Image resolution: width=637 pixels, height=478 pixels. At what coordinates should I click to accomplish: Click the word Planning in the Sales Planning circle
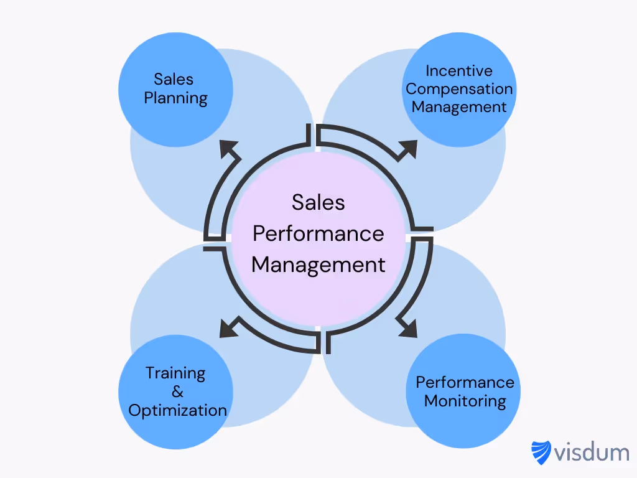pos(175,98)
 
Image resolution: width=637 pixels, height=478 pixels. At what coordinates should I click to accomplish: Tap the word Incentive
pos(459,71)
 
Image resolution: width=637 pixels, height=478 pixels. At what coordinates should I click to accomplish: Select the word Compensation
pos(459,89)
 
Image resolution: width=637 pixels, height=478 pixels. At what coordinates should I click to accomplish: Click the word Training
pos(175,373)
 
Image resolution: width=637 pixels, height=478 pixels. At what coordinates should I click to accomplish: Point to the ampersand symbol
pos(177,392)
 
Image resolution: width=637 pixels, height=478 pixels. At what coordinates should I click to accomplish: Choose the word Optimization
pos(177,410)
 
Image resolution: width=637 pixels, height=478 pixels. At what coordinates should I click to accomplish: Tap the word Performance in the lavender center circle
pos(318,233)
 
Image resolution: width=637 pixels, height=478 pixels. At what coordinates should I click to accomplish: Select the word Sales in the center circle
pos(318,202)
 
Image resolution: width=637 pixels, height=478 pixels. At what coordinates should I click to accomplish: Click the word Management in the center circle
pos(318,265)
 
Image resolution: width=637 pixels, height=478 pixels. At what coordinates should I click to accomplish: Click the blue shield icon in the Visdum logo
pos(541,452)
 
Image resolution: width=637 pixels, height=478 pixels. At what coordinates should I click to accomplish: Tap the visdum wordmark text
pos(592,452)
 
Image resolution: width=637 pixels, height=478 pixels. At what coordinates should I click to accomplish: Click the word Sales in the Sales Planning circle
pos(174,80)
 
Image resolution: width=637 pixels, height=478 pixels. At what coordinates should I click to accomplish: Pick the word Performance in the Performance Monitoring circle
pos(465,382)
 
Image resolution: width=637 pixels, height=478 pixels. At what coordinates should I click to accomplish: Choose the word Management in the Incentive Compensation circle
pos(459,107)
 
